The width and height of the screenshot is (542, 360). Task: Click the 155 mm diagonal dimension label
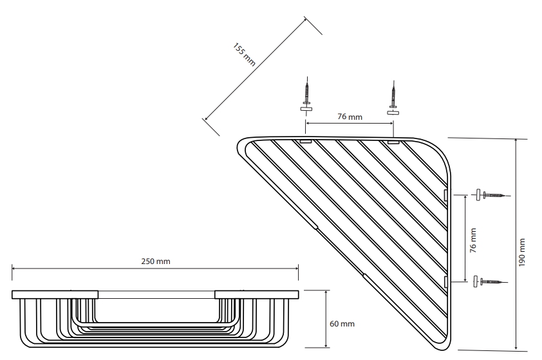click(244, 55)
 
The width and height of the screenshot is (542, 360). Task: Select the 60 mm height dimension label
click(342, 322)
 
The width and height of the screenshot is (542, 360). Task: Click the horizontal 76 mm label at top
click(350, 117)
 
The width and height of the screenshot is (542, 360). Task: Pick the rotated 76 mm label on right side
click(473, 240)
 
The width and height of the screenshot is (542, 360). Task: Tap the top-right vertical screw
click(392, 91)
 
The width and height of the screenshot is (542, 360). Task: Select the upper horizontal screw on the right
click(493, 194)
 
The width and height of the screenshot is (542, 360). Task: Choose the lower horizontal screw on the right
click(492, 281)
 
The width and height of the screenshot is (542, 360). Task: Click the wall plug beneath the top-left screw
click(306, 111)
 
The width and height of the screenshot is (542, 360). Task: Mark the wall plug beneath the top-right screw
click(392, 111)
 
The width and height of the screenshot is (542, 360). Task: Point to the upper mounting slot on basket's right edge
click(446, 194)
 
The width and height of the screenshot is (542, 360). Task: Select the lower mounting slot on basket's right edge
click(446, 281)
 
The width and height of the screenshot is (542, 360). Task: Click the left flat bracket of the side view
click(54, 294)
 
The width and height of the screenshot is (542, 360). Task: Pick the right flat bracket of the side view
click(256, 294)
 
